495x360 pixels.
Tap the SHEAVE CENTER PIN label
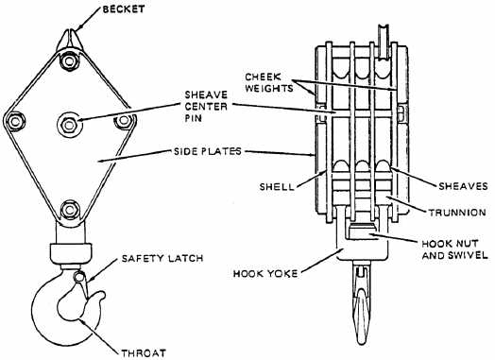click(x=213, y=106)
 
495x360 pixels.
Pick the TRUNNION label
click(x=460, y=212)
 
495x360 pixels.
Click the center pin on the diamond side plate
click(x=70, y=122)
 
